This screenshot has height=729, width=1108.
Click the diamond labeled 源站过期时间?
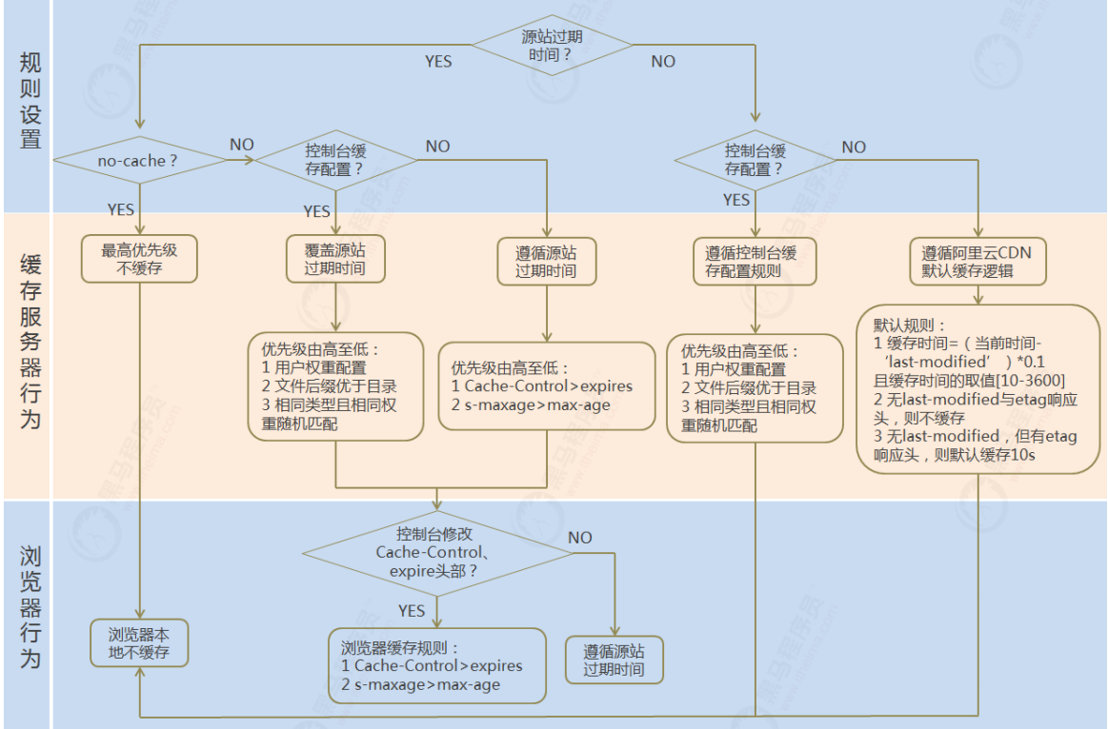[x=552, y=45]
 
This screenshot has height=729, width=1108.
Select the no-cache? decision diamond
[x=138, y=160]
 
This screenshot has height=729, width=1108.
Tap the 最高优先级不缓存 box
[x=139, y=259]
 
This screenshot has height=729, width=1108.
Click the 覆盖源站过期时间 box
[x=336, y=259]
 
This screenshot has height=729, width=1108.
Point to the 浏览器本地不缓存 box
[x=140, y=642]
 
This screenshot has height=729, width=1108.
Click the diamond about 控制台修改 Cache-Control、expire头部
[x=437, y=553]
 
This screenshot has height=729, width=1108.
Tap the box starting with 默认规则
[x=978, y=389]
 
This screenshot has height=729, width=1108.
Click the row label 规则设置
[x=30, y=100]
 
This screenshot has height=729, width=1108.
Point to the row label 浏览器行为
[x=30, y=606]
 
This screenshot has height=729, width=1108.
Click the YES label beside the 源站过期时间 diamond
[x=438, y=62]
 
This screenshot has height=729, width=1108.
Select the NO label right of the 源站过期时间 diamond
[x=663, y=62]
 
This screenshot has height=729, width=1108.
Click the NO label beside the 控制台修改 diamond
[x=579, y=538]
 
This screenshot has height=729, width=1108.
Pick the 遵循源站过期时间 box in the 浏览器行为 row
[x=614, y=660]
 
